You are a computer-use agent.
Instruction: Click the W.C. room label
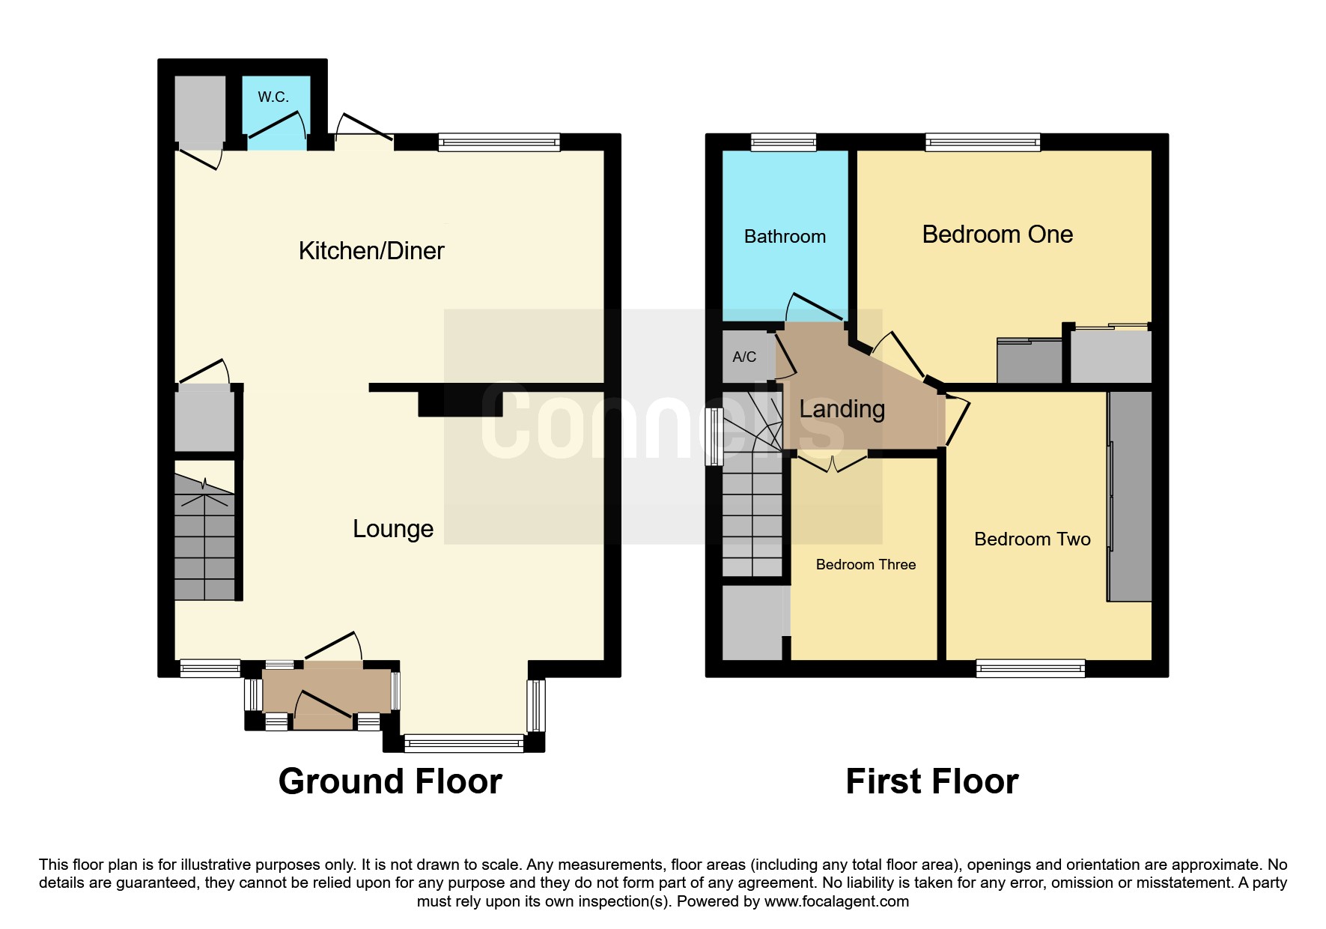[x=273, y=97]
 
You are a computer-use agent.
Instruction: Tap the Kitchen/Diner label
[x=371, y=250]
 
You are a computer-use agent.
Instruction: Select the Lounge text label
[x=393, y=529]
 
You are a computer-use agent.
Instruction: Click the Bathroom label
[x=785, y=237]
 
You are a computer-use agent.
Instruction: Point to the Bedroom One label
[x=997, y=234]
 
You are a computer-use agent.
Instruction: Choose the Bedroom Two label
[x=1032, y=539]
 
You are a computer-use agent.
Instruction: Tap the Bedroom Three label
[x=866, y=565]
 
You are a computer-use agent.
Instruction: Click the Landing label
[x=842, y=409]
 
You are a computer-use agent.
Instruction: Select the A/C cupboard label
[x=744, y=357]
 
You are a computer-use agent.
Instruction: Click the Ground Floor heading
[x=390, y=781]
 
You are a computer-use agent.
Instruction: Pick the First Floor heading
[x=932, y=781]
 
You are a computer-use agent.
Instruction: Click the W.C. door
[x=276, y=124]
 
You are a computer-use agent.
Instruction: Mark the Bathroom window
[x=783, y=142]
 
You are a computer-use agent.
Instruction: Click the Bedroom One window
[x=982, y=142]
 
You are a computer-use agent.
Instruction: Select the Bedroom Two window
[x=1030, y=668]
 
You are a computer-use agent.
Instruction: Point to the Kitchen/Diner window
[x=499, y=142]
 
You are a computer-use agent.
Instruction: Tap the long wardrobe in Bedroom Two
[x=1129, y=495]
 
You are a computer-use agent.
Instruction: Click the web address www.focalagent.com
[x=836, y=901]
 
